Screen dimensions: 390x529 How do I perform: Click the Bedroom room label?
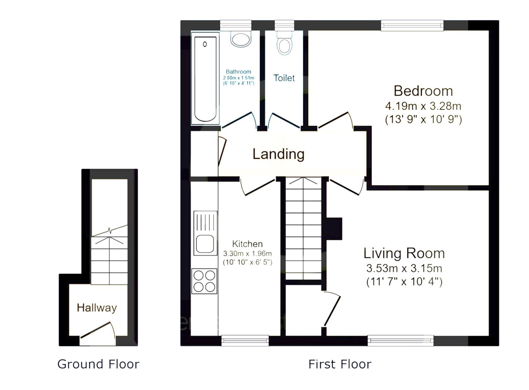click(x=423, y=91)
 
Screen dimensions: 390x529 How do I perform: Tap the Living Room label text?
click(x=404, y=253)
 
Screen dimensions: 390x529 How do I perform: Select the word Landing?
click(x=278, y=154)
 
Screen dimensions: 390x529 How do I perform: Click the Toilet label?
click(x=284, y=78)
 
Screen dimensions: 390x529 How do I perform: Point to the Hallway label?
click(x=97, y=308)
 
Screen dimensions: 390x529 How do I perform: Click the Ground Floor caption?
click(x=98, y=364)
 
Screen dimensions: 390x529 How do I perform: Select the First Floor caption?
click(x=340, y=364)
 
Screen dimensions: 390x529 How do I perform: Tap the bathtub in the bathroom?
click(x=205, y=78)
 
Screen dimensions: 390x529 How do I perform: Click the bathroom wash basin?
click(x=241, y=39)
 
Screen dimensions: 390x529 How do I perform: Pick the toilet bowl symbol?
click(x=285, y=44)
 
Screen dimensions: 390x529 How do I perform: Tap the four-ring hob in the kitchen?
click(x=204, y=281)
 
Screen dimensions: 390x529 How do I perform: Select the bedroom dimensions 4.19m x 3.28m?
click(x=423, y=106)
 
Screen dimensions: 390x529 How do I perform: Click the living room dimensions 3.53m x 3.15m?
click(x=404, y=268)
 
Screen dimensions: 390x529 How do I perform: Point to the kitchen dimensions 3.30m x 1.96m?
click(x=247, y=253)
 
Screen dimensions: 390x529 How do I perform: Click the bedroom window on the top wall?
click(x=412, y=25)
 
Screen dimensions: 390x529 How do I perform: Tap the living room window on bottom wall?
click(x=400, y=341)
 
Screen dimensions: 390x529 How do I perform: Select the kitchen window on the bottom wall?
click(x=245, y=341)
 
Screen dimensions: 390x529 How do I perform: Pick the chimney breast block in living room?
click(x=334, y=229)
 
